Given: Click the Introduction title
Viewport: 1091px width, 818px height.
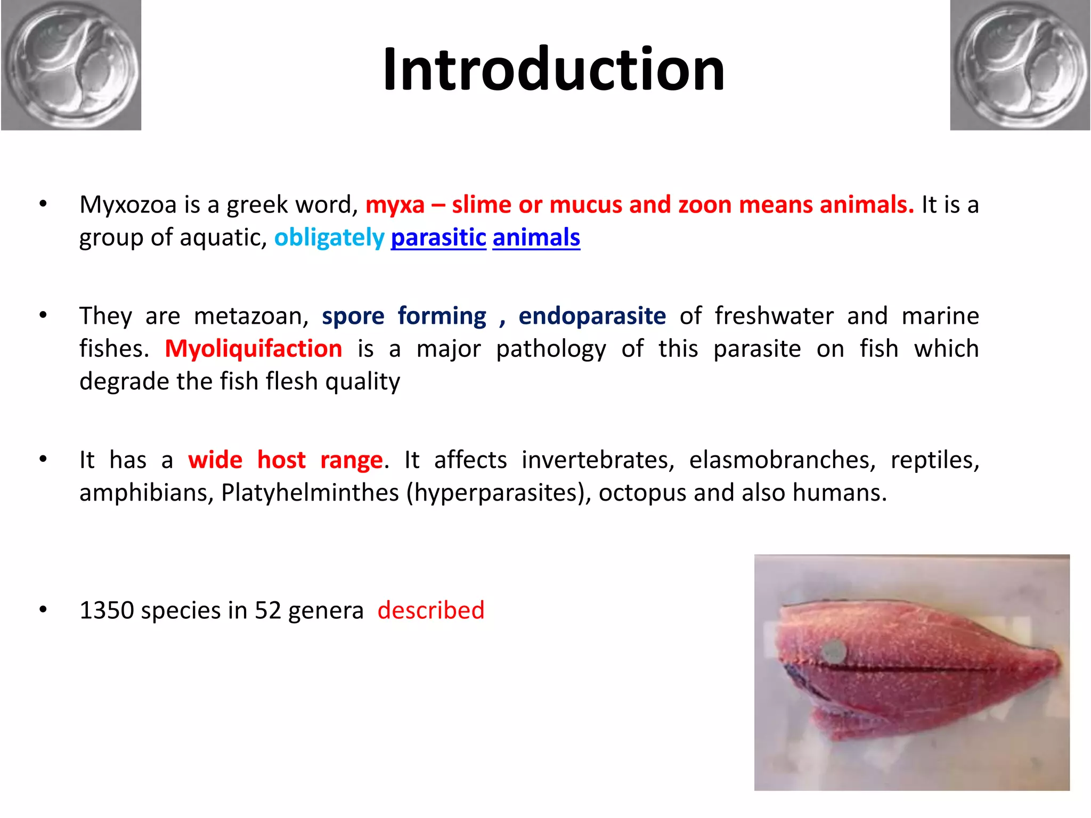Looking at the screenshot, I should pyautogui.click(x=553, y=69).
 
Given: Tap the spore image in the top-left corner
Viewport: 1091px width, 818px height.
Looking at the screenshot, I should pyautogui.click(x=71, y=65).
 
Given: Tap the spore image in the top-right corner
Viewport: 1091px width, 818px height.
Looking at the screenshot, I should pyautogui.click(x=1020, y=65).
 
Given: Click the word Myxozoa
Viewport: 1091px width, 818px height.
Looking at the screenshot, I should pyautogui.click(x=128, y=205).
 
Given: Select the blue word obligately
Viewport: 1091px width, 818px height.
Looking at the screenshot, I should pyautogui.click(x=329, y=238).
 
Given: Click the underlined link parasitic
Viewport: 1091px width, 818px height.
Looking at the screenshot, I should pyautogui.click(x=438, y=238).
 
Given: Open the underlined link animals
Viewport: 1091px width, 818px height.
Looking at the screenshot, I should pyautogui.click(x=536, y=238).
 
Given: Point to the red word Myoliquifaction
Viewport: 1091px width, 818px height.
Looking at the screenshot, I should pyautogui.click(x=254, y=349).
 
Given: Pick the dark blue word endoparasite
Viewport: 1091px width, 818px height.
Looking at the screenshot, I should pyautogui.click(x=592, y=316).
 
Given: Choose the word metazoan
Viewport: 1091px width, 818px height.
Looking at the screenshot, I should pyautogui.click(x=251, y=316).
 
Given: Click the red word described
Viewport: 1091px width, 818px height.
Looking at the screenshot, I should pyautogui.click(x=431, y=610).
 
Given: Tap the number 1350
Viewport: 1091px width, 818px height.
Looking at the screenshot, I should pyautogui.click(x=107, y=610).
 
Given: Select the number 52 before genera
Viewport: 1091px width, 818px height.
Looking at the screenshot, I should pyautogui.click(x=267, y=610).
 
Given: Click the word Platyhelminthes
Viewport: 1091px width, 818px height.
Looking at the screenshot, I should pyautogui.click(x=310, y=493).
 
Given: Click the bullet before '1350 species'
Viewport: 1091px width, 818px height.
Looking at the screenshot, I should pyautogui.click(x=43, y=609).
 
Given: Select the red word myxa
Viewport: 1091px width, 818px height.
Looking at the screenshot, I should pyautogui.click(x=395, y=205).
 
